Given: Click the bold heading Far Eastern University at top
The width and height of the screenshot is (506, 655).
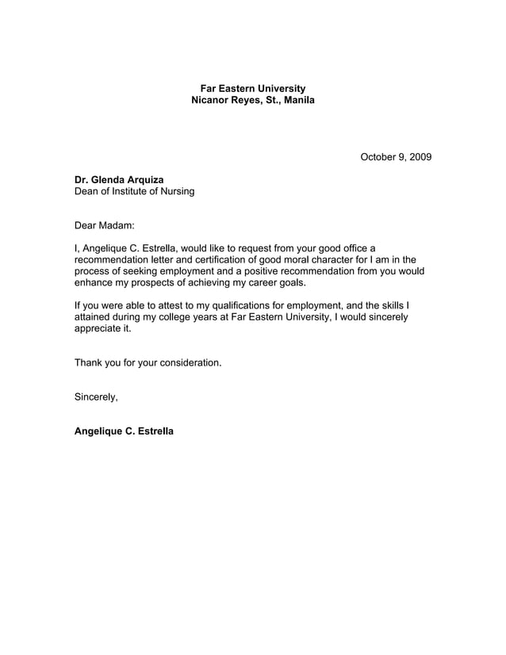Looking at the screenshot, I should [252, 88].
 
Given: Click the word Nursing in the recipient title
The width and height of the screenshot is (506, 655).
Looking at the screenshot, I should [175, 191].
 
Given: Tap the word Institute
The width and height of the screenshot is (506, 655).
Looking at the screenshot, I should [136, 191].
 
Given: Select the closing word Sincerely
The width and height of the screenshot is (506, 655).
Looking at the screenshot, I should [96, 396].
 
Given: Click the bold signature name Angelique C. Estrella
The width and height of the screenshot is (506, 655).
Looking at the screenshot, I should [124, 431].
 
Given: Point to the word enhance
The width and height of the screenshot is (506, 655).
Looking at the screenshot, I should [94, 282].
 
